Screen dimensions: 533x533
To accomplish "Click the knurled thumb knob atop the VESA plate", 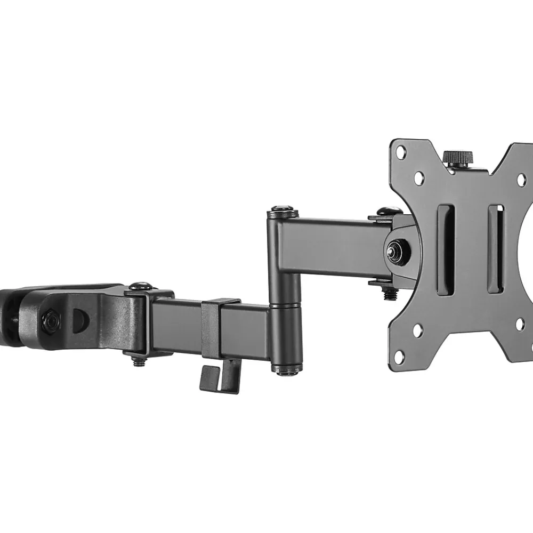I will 458,158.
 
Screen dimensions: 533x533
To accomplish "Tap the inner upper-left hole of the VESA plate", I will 419,177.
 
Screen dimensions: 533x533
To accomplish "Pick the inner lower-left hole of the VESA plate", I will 417,330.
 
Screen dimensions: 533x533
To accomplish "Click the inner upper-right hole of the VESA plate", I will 522,180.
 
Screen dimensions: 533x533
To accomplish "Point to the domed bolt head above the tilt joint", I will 383,212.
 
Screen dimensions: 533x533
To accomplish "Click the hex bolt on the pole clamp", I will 51,320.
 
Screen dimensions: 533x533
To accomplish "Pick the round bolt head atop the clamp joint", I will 140,287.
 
